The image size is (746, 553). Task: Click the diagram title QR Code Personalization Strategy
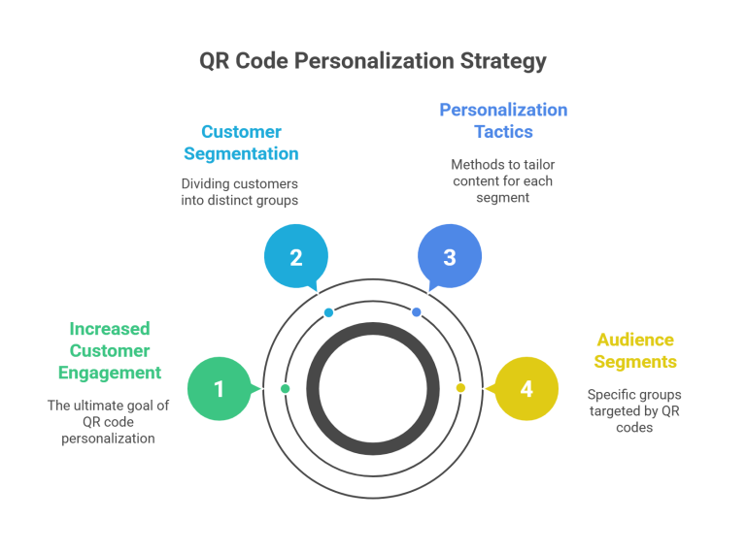[373, 61]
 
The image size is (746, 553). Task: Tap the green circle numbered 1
[219, 389]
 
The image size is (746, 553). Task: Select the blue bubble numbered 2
[296, 257]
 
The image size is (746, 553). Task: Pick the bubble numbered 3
[449, 257]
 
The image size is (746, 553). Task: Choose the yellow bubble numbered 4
[526, 389]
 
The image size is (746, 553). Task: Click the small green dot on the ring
[285, 388]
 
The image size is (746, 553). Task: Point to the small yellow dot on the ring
[460, 387]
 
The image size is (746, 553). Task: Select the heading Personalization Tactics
[502, 120]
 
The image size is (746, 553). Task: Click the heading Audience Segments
[634, 351]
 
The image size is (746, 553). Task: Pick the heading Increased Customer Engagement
[109, 350]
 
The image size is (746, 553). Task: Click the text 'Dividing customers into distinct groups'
[240, 190]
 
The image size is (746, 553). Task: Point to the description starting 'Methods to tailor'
[502, 180]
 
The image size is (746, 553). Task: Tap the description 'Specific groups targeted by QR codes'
[634, 410]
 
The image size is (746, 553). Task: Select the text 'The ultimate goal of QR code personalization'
[109, 422]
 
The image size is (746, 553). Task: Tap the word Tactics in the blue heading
[502, 132]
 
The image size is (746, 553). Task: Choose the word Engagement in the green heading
[109, 373]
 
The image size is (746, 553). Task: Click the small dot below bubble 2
[328, 312]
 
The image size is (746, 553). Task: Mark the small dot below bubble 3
[417, 312]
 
